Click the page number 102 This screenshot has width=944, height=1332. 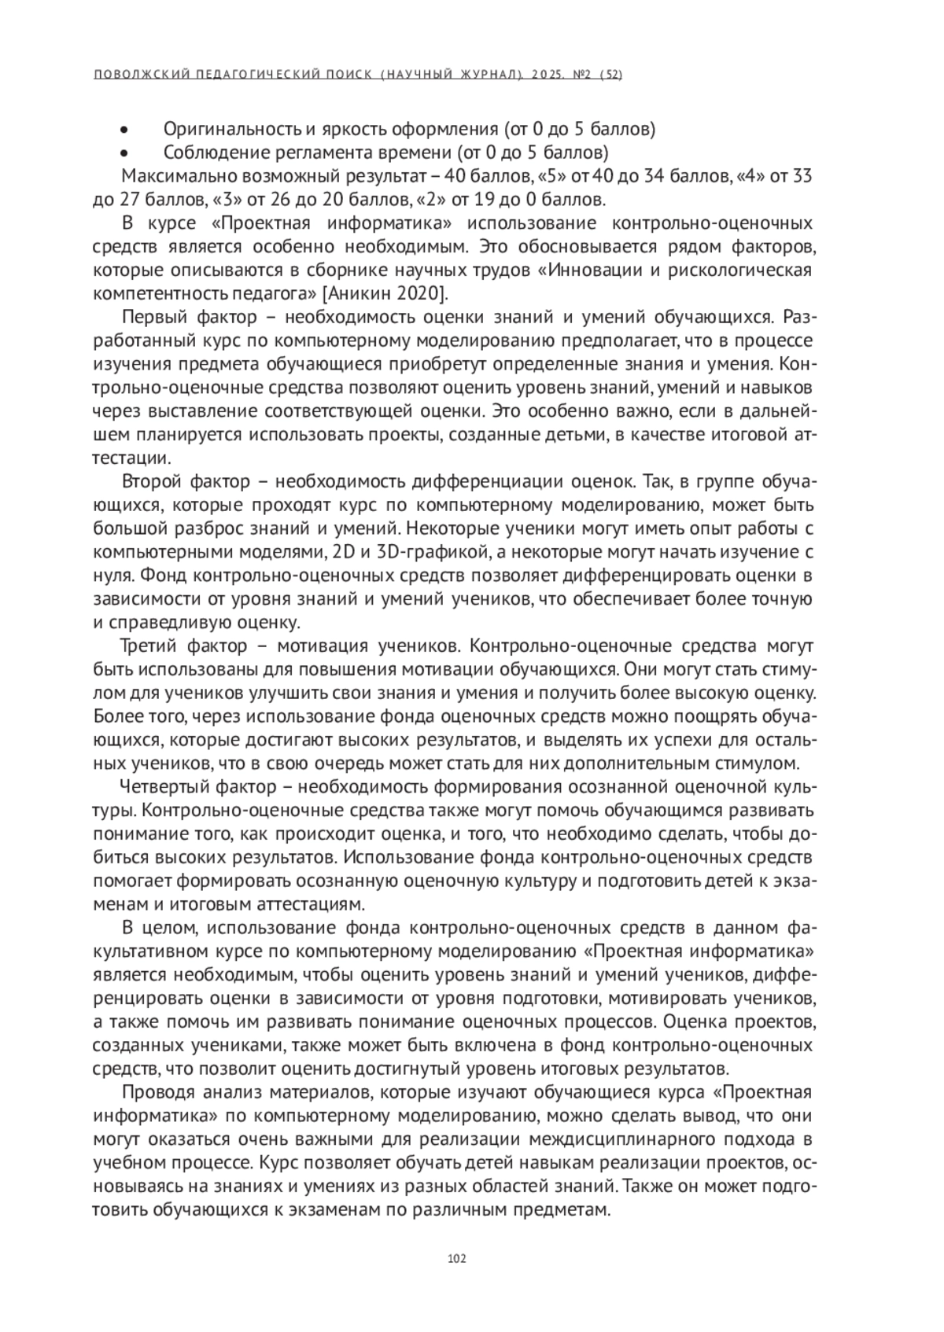[x=456, y=1258]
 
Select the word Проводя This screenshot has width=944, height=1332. [x=157, y=1092]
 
